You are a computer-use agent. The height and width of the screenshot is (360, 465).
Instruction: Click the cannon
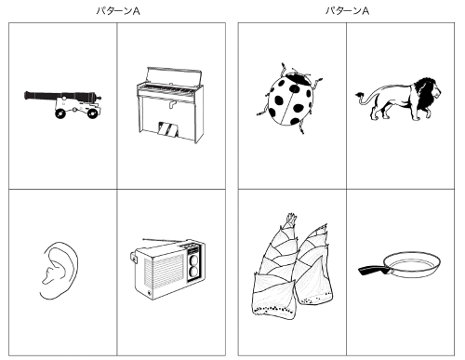click(x=63, y=101)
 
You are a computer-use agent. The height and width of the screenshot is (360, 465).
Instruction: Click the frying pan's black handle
click(x=375, y=270)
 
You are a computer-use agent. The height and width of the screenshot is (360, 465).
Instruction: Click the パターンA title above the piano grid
click(x=115, y=10)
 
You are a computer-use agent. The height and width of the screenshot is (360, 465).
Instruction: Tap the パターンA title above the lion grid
click(x=346, y=10)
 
